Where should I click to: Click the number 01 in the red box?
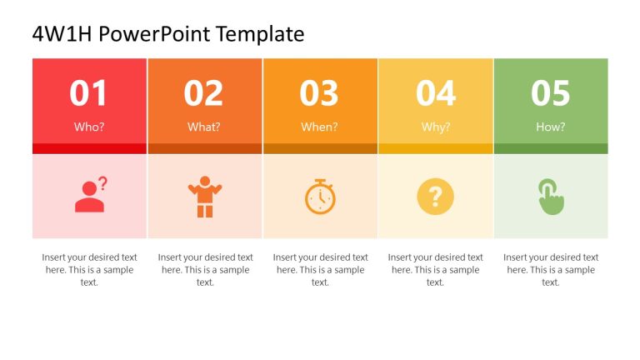point(89,93)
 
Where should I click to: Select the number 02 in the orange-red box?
point(204,93)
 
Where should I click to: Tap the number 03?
point(319,93)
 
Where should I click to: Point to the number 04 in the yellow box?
point(435,93)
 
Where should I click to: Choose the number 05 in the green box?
point(550,93)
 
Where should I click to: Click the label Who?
point(89,127)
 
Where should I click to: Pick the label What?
point(204,127)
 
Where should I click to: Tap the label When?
point(319,127)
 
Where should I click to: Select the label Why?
point(435,127)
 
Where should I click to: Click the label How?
point(550,127)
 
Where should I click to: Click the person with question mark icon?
point(91,196)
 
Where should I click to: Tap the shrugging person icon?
point(204,197)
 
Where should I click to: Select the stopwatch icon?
point(320,197)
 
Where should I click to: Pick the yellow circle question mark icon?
point(435,197)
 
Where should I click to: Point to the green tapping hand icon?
point(550,197)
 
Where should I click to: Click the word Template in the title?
point(259,34)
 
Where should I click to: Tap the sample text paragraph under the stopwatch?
point(320,269)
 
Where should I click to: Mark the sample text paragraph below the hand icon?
point(550,269)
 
